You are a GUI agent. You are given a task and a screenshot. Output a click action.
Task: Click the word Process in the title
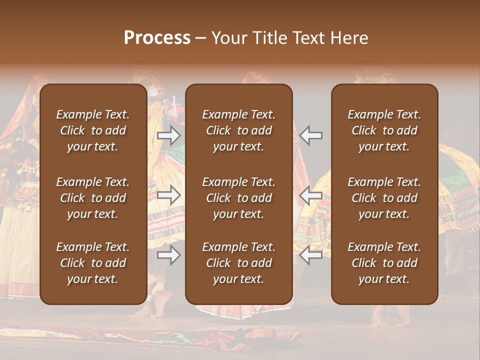(x=157, y=38)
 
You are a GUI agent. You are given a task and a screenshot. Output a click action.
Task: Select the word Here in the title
(x=349, y=38)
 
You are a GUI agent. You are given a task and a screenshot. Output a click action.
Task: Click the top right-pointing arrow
(x=168, y=135)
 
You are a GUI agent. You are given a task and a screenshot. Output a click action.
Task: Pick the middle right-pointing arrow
(x=168, y=195)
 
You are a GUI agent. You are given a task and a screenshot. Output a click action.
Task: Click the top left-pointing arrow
(x=311, y=135)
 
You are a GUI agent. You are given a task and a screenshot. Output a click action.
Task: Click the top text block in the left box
(x=93, y=130)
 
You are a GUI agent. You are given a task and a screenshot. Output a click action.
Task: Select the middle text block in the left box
(x=93, y=198)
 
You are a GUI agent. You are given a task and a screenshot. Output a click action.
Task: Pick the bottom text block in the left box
(x=93, y=263)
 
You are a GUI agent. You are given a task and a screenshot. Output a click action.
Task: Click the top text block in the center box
(x=238, y=130)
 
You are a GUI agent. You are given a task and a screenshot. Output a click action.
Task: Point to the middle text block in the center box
(x=238, y=198)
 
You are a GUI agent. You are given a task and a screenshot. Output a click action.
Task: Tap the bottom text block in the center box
(x=238, y=263)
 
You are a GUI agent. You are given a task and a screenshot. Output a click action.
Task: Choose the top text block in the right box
(x=384, y=130)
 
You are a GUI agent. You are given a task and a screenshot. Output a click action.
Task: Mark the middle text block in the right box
(x=384, y=198)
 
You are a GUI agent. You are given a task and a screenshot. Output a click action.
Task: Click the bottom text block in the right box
(x=384, y=263)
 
